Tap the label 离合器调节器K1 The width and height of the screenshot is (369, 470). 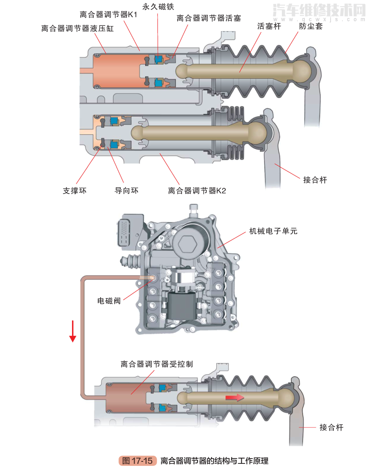coord(109,15)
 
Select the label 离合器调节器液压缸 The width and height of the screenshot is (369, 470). coord(77,29)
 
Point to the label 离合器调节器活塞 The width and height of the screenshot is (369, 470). coord(209,18)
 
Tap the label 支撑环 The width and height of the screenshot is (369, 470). coord(74,191)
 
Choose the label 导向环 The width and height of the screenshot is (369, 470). coord(126,191)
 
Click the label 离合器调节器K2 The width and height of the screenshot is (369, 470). coord(197,191)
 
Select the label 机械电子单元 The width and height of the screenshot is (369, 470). coord(273,231)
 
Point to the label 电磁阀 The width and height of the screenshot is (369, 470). coord(109,301)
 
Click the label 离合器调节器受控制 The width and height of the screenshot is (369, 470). coord(157,364)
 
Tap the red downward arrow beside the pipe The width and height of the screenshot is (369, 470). coord(73,331)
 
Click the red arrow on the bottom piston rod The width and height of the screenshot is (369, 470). coord(234,398)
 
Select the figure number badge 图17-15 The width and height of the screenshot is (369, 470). coord(137,461)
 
